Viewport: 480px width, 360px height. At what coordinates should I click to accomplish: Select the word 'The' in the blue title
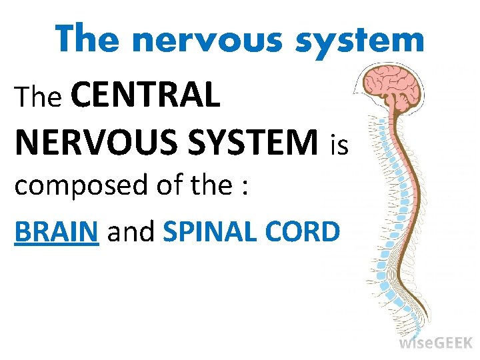click(89, 39)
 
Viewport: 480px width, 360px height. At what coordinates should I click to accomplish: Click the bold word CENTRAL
click(144, 96)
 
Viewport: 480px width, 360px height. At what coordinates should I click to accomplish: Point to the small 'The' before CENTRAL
click(38, 98)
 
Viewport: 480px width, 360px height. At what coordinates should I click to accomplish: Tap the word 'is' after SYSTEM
click(339, 145)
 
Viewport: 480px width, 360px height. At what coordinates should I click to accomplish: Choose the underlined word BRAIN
click(57, 231)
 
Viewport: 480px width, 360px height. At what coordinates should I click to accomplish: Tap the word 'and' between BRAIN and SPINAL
click(131, 231)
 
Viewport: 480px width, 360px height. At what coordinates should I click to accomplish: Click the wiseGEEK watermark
click(435, 343)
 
